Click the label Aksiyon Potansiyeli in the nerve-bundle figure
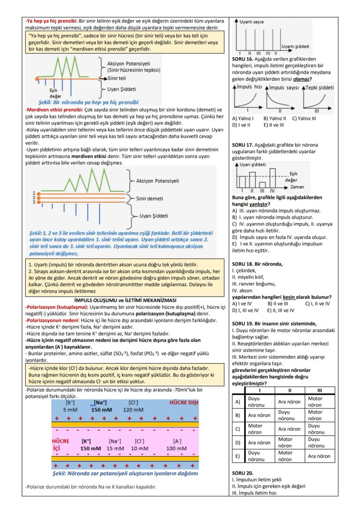click(157, 181)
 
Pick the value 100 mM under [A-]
click(177, 448)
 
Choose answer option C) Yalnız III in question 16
click(304, 118)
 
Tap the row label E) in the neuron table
click(238, 456)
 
